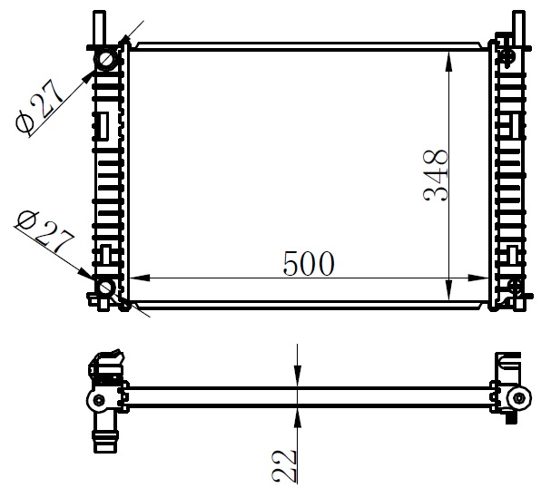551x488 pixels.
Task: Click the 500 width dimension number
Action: pos(309,263)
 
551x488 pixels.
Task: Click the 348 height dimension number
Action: pos(437,175)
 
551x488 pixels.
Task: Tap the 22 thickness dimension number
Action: pos(284,465)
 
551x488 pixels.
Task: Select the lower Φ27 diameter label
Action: pos(44,231)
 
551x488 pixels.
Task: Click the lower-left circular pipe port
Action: pos(105,288)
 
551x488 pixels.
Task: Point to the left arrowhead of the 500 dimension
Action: pos(140,278)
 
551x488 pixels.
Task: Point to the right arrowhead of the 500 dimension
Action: pos(477,278)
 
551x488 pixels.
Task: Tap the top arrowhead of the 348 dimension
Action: pos(448,63)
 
